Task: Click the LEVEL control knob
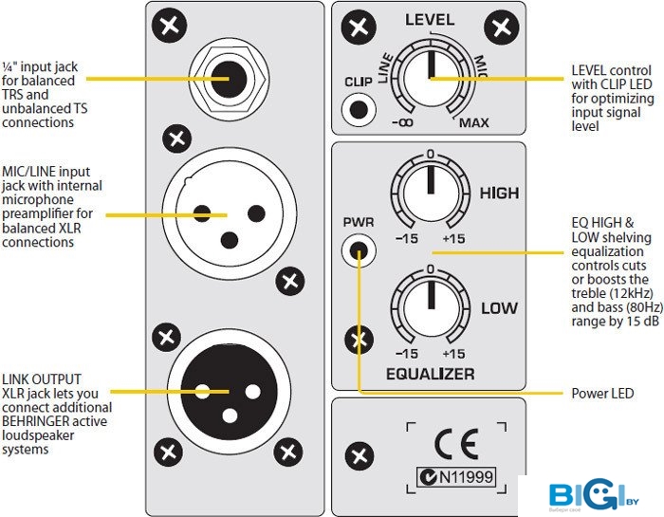pos(430,78)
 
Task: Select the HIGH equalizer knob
pos(430,194)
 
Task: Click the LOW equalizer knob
pos(430,307)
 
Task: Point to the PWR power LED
pos(359,251)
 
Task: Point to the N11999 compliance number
pos(465,477)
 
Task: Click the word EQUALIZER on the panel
pos(430,374)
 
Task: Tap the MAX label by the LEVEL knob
pos(474,123)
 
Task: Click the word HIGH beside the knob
pos(499,194)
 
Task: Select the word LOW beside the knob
pos(499,308)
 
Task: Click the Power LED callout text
pos(602,393)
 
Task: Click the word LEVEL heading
pos(430,19)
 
